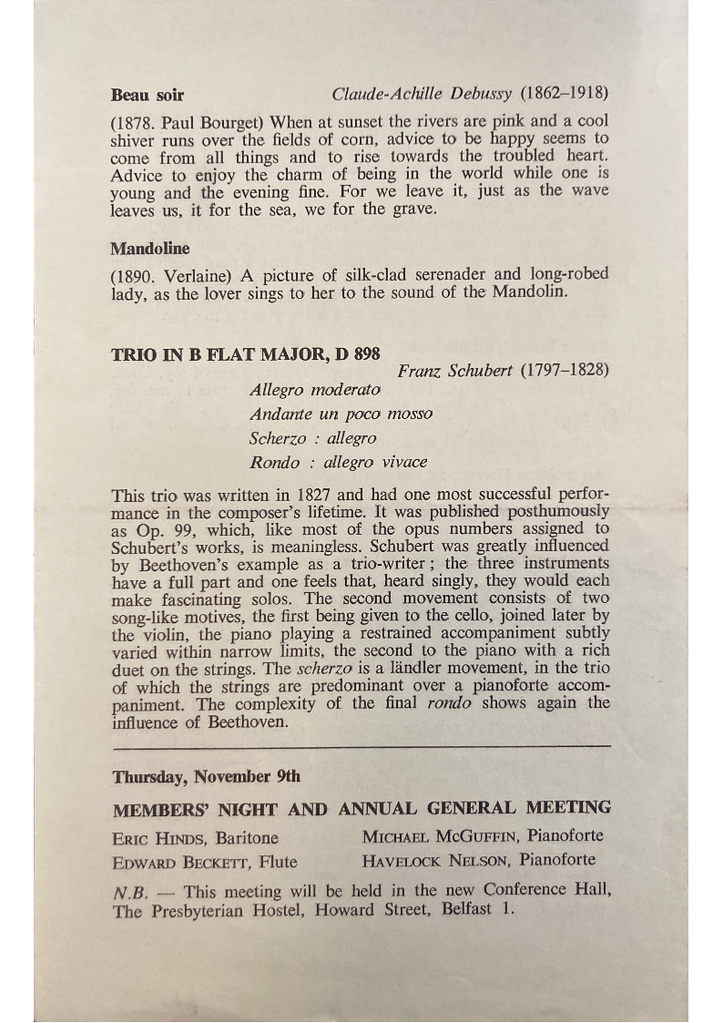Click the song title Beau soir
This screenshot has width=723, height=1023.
pyautogui.click(x=147, y=94)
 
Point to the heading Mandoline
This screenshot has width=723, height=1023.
pyautogui.click(x=150, y=248)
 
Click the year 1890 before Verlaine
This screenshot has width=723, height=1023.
pyautogui.click(x=134, y=274)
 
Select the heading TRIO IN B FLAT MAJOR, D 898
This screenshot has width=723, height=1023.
pyautogui.click(x=246, y=353)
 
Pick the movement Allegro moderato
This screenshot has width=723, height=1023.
pyautogui.click(x=315, y=390)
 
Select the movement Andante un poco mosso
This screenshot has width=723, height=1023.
pyautogui.click(x=341, y=414)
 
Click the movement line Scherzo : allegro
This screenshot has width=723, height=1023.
pyautogui.click(x=312, y=438)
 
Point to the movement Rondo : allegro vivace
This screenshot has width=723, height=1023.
pyautogui.click(x=338, y=462)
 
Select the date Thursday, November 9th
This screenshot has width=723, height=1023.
pyautogui.click(x=207, y=777)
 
